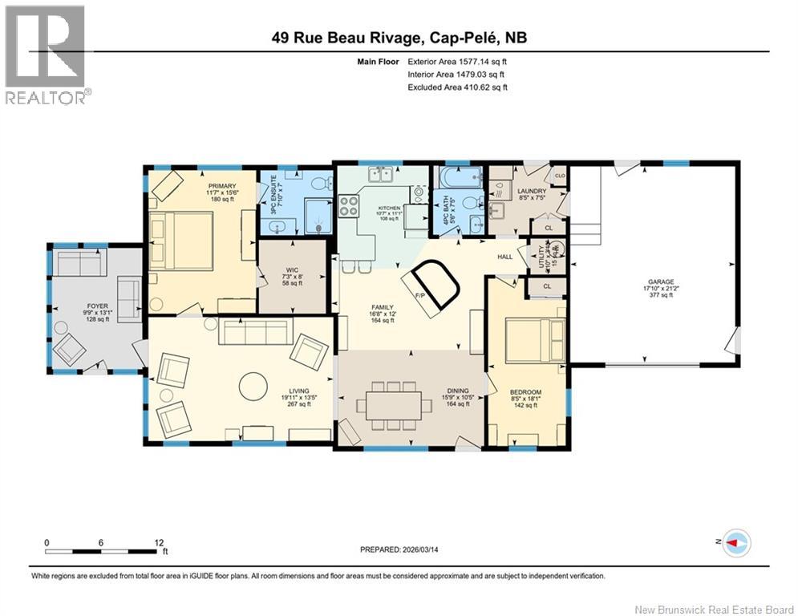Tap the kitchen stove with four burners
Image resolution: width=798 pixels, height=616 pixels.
pos(350,206)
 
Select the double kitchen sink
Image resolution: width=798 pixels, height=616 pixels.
pos(379,175)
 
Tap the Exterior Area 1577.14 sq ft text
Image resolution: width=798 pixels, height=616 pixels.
pos(457,61)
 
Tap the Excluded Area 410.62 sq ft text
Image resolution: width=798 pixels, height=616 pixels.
pos(457,87)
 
